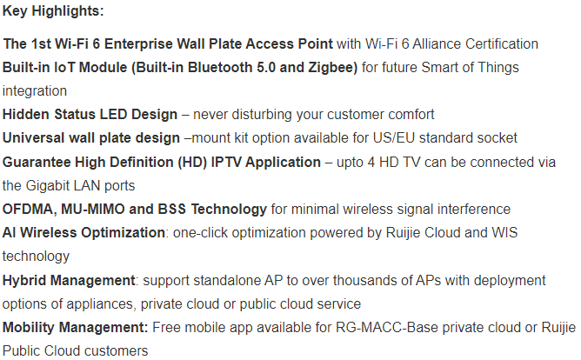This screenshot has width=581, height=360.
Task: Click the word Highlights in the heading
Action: (68, 12)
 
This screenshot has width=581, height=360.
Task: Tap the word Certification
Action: (502, 43)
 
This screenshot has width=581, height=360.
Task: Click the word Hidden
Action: (26, 115)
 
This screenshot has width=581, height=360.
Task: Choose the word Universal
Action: (33, 137)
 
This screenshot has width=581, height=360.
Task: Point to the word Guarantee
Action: (37, 163)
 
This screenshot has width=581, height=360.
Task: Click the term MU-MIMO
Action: (93, 210)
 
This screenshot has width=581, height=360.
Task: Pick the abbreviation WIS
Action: (504, 232)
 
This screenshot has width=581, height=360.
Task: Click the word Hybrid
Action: (24, 280)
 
